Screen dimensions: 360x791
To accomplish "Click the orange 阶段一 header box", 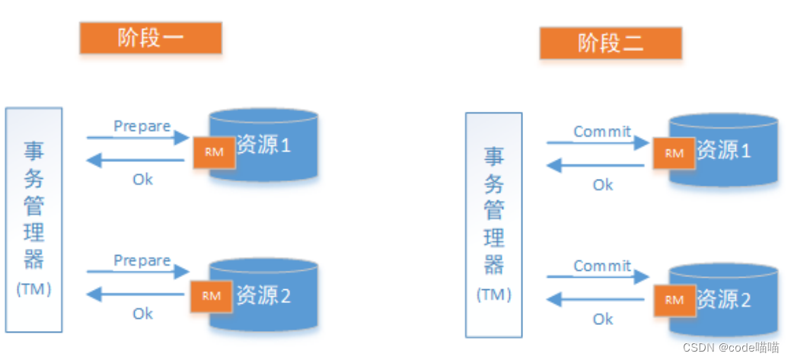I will tap(151, 38).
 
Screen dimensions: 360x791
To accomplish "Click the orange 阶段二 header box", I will tap(611, 43).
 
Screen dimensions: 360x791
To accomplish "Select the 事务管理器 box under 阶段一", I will tap(34, 219).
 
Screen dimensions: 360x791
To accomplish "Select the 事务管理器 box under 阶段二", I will tap(494, 225).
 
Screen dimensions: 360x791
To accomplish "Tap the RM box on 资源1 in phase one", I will tap(214, 152).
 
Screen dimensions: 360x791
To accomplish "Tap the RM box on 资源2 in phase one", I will tap(212, 296).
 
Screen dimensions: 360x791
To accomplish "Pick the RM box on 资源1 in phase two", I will tap(675, 153).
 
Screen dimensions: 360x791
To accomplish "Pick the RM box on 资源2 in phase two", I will tap(674, 300).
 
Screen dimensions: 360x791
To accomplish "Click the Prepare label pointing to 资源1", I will tap(142, 126).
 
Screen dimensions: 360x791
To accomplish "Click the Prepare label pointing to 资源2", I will tap(142, 260).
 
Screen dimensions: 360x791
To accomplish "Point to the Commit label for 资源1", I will tap(602, 132).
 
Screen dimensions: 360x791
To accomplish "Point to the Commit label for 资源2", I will tap(602, 266).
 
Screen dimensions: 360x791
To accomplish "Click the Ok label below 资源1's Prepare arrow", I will tap(143, 179).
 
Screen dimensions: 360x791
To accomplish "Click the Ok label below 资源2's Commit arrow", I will tap(603, 319).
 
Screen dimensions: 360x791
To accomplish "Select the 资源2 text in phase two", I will tap(724, 299).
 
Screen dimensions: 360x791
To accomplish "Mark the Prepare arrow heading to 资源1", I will tap(138, 138).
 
